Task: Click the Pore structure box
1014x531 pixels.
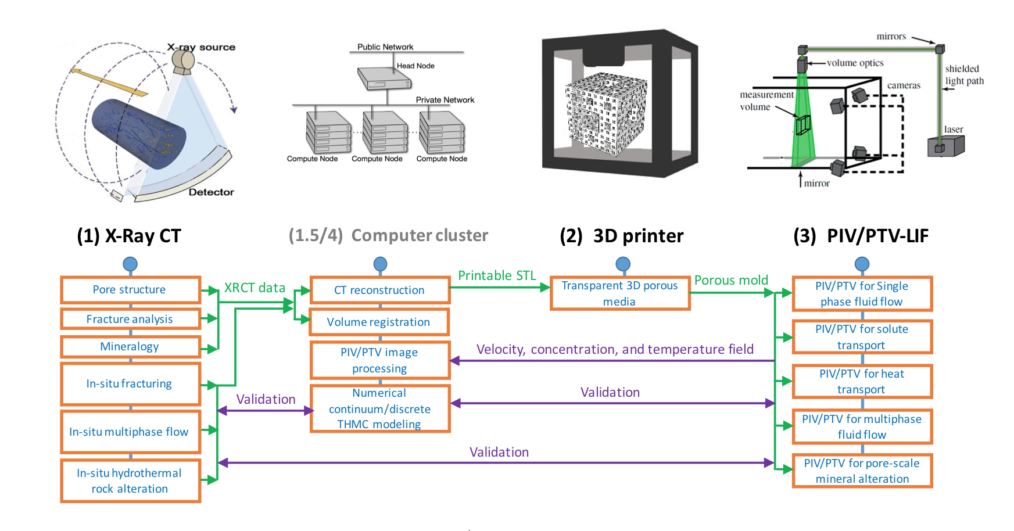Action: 130,289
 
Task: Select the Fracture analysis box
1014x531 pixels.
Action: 130,319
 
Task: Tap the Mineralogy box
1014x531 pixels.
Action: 130,347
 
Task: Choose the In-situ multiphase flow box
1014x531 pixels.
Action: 130,432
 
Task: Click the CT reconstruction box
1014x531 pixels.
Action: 379,290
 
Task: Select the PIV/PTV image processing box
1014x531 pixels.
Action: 379,360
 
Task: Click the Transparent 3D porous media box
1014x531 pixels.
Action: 619,293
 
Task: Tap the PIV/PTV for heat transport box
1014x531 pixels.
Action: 862,381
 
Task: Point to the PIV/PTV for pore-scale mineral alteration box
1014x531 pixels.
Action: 862,471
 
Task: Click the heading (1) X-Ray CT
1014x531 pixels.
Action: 129,236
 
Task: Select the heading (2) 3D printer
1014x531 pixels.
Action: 621,236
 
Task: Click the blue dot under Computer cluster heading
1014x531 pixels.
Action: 380,264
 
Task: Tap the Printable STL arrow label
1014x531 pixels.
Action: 497,275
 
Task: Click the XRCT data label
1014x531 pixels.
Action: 255,288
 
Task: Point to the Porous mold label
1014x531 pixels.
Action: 731,280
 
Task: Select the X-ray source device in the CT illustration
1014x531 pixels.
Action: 184,61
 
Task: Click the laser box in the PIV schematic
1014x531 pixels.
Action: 945,145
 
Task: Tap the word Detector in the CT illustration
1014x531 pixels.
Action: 211,192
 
